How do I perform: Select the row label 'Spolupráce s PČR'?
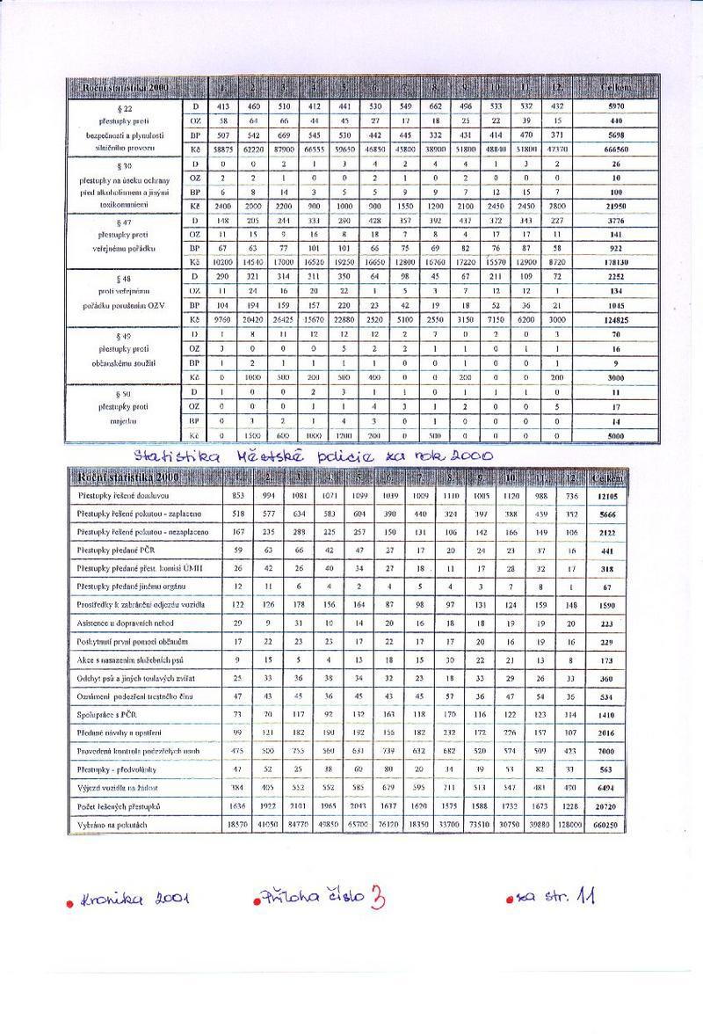104,715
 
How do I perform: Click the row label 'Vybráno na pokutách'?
110,825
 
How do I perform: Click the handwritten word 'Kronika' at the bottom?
111,900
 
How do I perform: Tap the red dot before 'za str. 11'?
510,899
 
